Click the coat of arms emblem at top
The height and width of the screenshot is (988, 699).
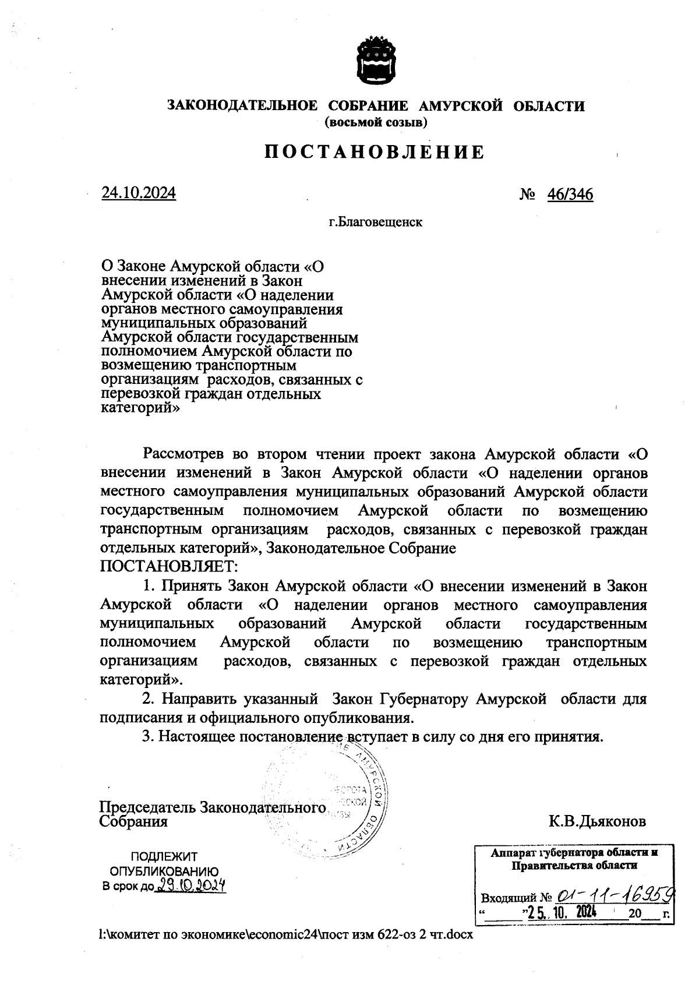[376, 61]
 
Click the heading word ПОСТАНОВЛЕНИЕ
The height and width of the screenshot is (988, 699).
[375, 153]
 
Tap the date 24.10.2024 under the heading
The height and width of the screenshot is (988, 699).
[139, 193]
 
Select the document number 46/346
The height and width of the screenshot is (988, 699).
[570, 194]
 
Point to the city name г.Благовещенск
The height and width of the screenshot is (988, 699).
[375, 222]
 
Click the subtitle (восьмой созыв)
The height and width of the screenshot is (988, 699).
[376, 122]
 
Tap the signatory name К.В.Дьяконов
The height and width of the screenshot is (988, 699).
[596, 821]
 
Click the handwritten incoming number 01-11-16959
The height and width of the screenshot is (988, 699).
[615, 894]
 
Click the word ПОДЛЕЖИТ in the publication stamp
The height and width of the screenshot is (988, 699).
[164, 857]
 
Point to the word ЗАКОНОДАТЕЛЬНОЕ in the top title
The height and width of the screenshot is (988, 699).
[242, 106]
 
